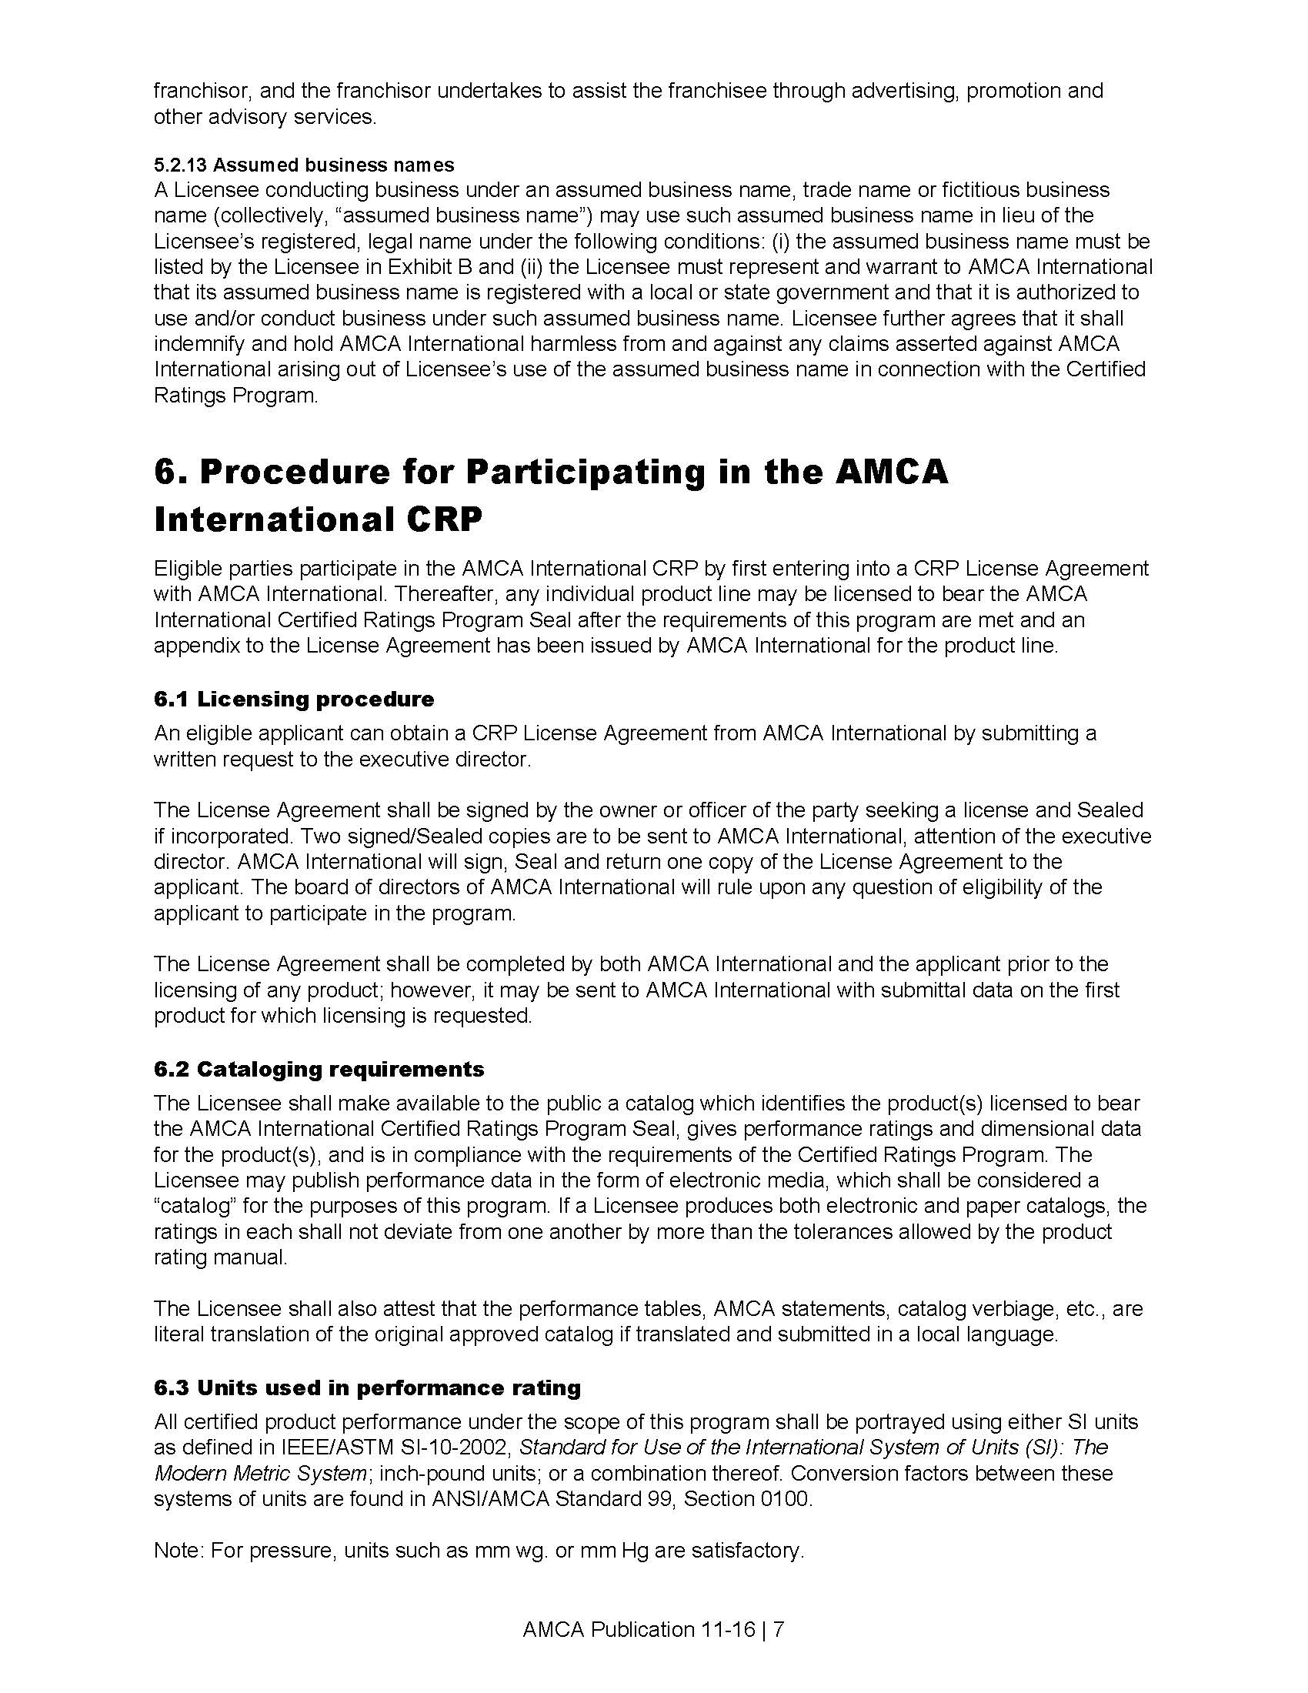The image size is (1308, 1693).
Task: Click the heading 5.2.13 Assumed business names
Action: pos(304,165)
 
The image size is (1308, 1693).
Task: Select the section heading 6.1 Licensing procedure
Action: pos(294,699)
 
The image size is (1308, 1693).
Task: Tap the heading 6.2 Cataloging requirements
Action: pos(319,1069)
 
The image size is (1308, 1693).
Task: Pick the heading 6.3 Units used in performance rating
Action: pos(367,1387)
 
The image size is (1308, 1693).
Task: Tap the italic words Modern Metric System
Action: pos(259,1473)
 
